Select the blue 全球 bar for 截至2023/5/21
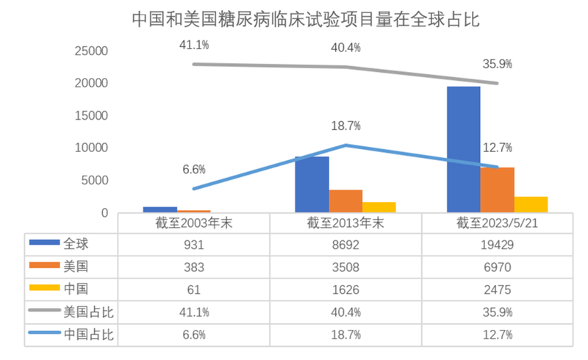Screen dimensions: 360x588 (465, 150)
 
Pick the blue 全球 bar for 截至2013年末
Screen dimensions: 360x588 (312, 184)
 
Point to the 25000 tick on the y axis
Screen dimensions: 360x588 (93, 51)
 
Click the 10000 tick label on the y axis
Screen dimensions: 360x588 (93, 148)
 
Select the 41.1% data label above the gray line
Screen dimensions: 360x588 (194, 45)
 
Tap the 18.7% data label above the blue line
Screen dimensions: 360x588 (345, 126)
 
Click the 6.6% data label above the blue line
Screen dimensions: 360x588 (194, 170)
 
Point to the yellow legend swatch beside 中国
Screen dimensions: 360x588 (43, 290)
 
